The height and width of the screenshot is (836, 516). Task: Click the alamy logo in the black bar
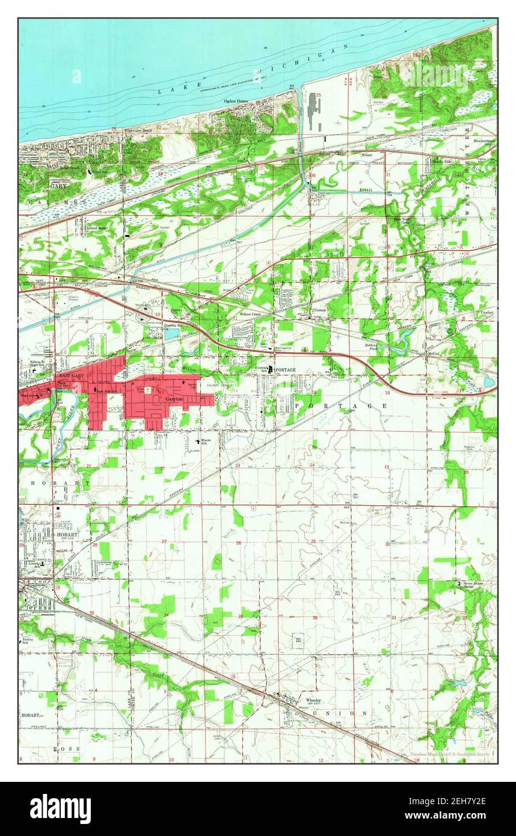[60, 808]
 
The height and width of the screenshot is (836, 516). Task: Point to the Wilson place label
[367, 155]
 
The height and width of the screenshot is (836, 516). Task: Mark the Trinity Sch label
[25, 641]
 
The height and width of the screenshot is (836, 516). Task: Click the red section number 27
[164, 541]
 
